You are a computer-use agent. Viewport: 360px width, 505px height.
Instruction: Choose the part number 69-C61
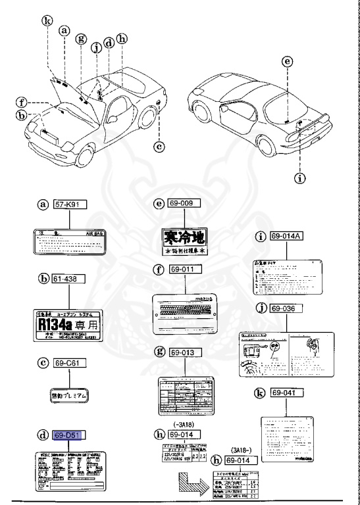(69, 362)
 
